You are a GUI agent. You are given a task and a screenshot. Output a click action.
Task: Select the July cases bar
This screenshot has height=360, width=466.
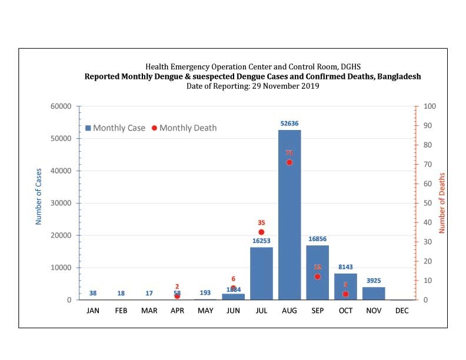tap(261, 274)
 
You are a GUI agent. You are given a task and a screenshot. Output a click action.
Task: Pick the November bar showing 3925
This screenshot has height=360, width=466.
tap(374, 293)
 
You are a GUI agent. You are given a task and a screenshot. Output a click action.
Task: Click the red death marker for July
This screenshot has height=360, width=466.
tap(261, 232)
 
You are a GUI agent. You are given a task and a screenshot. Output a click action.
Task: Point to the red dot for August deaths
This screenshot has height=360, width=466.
tap(289, 162)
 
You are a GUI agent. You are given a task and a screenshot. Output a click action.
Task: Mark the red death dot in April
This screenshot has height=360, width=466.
tap(177, 296)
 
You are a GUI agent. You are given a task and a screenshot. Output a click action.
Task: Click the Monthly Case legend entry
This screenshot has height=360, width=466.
tap(115, 128)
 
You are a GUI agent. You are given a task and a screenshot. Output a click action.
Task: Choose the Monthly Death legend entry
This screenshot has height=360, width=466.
tap(184, 128)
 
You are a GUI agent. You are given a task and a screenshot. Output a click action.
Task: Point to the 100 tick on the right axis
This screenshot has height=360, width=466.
tap(430, 106)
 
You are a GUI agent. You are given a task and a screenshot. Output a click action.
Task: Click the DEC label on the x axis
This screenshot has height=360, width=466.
tap(402, 311)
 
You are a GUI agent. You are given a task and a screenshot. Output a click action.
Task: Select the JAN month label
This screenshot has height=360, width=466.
tap(93, 311)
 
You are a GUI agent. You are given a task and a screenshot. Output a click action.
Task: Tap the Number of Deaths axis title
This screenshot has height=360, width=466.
tap(442, 203)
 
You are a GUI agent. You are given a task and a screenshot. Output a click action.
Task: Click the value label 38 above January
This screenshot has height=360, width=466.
tap(93, 293)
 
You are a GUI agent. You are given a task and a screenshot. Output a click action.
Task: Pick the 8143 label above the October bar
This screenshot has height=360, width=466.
tap(345, 266)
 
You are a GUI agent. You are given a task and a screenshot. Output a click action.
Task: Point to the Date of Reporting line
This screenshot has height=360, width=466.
tap(252, 86)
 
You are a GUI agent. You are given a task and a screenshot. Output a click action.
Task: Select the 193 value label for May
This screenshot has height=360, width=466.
tap(205, 293)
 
